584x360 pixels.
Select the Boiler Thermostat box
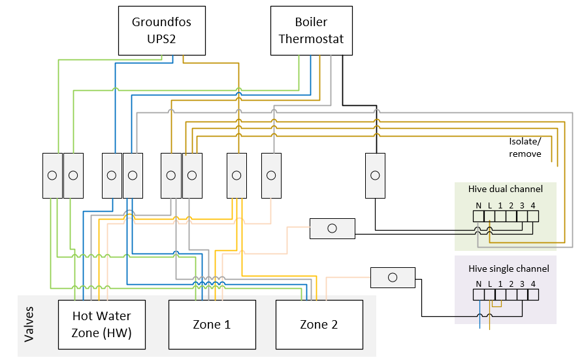(x=311, y=31)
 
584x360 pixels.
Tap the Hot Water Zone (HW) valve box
(x=101, y=324)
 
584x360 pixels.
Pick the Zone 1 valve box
(x=212, y=324)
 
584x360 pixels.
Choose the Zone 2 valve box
(x=319, y=324)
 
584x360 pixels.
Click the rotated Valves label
(x=29, y=324)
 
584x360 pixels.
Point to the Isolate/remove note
(x=525, y=148)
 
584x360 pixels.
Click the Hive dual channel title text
(x=505, y=189)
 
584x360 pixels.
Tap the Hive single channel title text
(x=508, y=269)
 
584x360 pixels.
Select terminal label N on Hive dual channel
(x=478, y=205)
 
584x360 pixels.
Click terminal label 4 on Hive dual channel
(x=533, y=205)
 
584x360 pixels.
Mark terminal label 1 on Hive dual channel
(x=500, y=205)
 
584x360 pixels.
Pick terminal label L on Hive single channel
(x=489, y=284)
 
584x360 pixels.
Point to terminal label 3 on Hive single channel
(x=522, y=284)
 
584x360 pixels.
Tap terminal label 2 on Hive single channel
(x=511, y=284)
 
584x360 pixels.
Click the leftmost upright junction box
(x=52, y=175)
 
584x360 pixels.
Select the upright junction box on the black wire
(x=375, y=175)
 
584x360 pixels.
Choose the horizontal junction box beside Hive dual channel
(x=332, y=228)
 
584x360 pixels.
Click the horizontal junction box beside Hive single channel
(x=393, y=277)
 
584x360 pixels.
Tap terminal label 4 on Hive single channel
(x=533, y=284)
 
